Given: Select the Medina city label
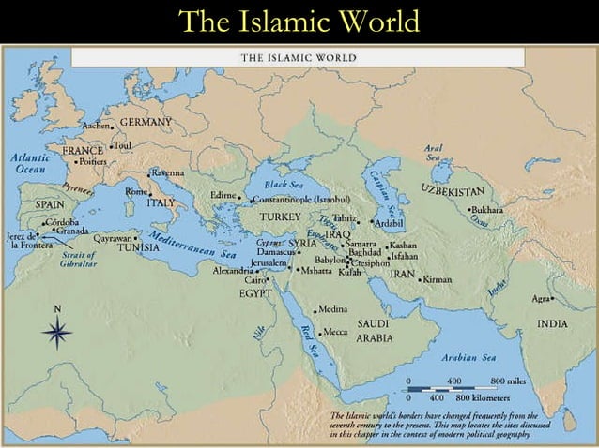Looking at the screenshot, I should pos(334,308).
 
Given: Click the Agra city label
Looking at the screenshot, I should pos(541,299).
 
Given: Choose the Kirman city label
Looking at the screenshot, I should pos(438,279).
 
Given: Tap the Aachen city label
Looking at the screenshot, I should pos(97,125).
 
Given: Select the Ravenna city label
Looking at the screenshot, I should pos(169,173).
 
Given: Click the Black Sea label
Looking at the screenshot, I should pos(282,185).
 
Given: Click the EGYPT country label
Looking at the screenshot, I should pos(255,292).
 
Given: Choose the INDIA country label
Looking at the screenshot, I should pos(552,323).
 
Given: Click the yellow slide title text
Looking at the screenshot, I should pos(299,21).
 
